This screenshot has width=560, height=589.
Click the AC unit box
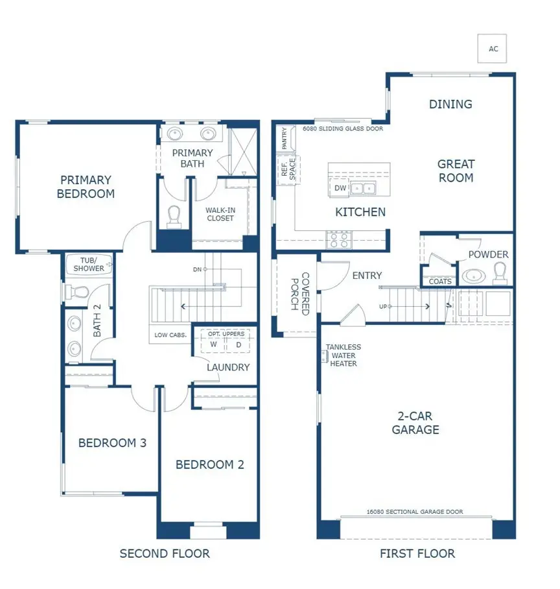coord(492,49)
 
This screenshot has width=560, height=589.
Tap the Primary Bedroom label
coord(86,187)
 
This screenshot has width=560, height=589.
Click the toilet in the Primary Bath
coord(174,217)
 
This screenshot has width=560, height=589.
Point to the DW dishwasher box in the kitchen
coord(340,188)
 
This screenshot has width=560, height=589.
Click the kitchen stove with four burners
coord(339,240)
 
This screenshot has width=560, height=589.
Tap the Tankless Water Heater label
coord(343,355)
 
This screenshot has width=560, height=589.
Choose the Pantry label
coord(284,138)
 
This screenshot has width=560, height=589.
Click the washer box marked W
coord(213,344)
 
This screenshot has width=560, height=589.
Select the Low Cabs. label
coord(170,335)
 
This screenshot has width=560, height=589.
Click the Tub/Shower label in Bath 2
coord(89,265)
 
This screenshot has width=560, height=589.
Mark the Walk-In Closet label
coord(220,214)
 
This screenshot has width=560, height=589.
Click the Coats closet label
coord(440,281)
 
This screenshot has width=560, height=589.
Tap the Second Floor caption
coord(165,553)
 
